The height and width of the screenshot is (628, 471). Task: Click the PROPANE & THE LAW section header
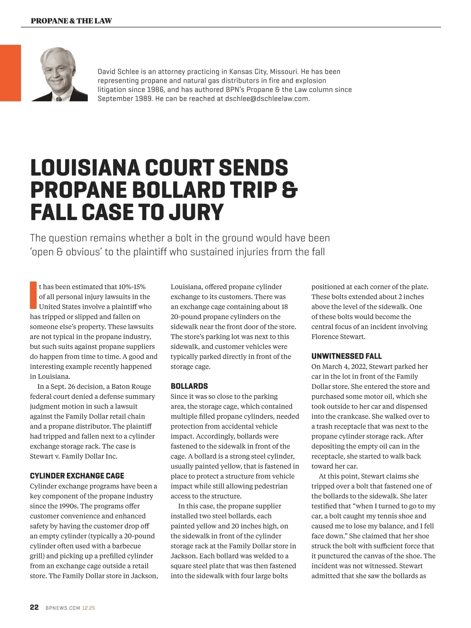click(x=71, y=21)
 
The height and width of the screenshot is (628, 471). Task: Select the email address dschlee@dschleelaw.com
click(x=267, y=99)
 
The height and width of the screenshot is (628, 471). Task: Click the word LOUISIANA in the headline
click(x=85, y=168)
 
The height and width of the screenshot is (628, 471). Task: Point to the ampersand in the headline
click(x=289, y=190)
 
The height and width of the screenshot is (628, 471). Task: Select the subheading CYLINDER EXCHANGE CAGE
click(x=77, y=476)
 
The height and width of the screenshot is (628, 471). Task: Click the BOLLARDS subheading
click(x=189, y=386)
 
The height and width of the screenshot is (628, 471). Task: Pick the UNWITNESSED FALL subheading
click(x=346, y=356)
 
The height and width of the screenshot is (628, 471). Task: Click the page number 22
click(x=34, y=608)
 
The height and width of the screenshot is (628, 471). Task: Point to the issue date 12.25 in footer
click(x=88, y=608)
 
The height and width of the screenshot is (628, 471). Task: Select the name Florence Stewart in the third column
click(x=338, y=337)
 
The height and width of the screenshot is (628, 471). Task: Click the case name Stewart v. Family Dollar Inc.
click(x=73, y=456)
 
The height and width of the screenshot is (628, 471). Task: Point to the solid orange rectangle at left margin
click(x=10, y=73)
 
